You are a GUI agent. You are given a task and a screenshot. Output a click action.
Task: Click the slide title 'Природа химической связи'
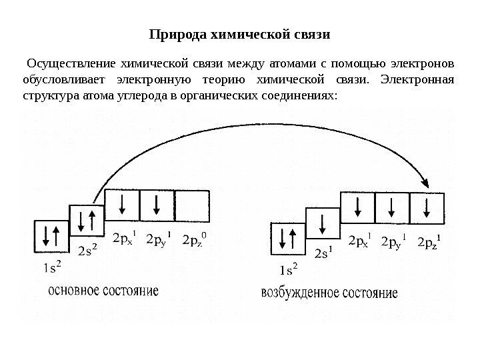[x=239, y=33]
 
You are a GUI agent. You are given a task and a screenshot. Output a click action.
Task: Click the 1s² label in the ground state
[x=51, y=268]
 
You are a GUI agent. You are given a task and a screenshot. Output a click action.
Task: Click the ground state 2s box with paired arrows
[x=88, y=221]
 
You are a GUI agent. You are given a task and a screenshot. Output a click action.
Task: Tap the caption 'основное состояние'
[x=103, y=291]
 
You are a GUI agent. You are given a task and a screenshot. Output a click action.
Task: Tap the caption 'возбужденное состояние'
[x=329, y=293]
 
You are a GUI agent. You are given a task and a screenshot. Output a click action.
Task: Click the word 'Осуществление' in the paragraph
[x=68, y=64]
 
